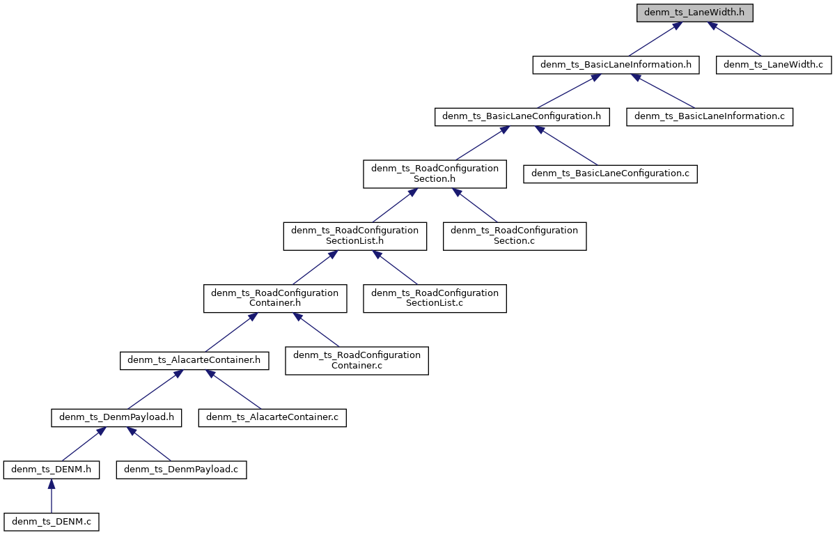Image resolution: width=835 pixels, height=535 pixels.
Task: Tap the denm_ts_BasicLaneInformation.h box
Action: pos(615,65)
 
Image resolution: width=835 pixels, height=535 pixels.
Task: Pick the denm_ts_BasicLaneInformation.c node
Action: pos(710,116)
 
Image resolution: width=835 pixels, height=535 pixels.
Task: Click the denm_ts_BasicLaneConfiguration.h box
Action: pos(522,116)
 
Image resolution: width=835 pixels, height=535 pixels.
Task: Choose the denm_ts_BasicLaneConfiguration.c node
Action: pos(610,173)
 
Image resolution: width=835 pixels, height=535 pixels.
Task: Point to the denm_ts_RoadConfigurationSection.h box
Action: pos(435,173)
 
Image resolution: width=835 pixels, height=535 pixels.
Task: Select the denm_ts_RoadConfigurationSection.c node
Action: pos(515,235)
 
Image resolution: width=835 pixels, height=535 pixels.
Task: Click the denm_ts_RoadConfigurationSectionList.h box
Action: pos(354,235)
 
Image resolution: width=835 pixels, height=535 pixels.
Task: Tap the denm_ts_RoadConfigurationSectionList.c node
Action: pos(435,297)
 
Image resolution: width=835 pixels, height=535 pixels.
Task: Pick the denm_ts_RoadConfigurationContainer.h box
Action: pos(274,297)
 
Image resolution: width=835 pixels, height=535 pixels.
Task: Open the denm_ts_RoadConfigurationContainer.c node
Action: pos(357,360)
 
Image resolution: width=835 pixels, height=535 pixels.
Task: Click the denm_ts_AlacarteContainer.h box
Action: pos(194,360)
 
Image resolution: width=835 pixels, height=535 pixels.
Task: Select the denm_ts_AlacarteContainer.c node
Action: pos(272,417)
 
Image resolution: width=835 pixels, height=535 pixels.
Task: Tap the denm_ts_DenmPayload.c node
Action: pos(181,470)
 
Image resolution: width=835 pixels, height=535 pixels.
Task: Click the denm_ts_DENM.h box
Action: pos(52,470)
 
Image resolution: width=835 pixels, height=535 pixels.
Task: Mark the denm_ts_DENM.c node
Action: pos(52,521)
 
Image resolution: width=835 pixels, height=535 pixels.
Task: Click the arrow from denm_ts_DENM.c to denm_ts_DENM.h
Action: pos(52,495)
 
